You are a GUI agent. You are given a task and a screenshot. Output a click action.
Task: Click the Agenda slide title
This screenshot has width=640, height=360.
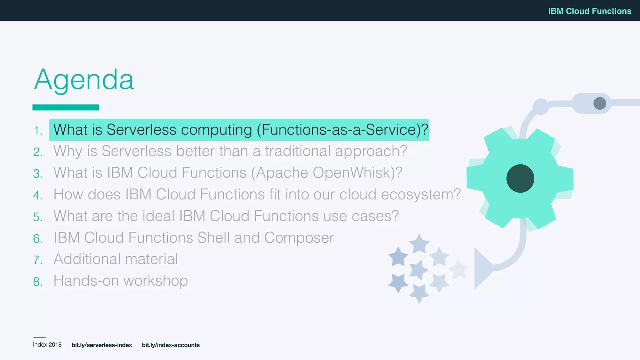[84, 80]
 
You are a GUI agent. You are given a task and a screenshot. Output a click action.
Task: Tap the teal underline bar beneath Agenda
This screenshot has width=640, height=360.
[66, 107]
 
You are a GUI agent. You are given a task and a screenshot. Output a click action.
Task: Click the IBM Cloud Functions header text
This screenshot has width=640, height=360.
[589, 11]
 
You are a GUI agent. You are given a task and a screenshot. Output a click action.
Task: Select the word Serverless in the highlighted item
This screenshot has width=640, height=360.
[141, 130]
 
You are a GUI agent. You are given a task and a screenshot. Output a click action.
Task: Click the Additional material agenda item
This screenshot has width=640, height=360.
[116, 259]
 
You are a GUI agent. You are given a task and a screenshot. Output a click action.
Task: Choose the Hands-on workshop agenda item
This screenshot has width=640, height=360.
[121, 281]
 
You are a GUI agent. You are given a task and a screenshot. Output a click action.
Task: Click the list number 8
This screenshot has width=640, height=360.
[37, 282]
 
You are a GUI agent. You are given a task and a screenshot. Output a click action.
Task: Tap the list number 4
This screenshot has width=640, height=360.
[37, 196]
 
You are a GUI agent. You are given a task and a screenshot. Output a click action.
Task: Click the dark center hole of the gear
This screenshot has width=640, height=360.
[520, 178]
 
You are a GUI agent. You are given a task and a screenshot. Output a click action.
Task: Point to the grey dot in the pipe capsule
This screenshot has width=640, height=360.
[599, 103]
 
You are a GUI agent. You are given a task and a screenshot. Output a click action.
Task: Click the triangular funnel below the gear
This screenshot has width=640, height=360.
[481, 268]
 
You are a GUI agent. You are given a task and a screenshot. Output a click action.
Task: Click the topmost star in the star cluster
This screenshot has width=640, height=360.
[419, 244]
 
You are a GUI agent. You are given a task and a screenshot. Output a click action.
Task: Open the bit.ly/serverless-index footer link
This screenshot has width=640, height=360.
[102, 345]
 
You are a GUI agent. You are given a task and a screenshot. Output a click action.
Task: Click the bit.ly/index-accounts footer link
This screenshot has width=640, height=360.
[171, 345]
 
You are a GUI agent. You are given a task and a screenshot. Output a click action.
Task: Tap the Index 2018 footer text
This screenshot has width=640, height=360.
[47, 345]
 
